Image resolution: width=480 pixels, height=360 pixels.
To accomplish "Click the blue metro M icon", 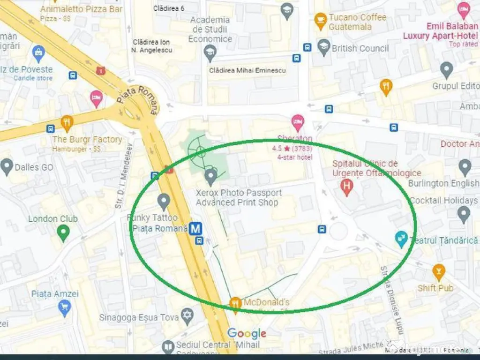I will (196, 229).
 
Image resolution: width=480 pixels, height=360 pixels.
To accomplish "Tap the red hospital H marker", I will (346, 187).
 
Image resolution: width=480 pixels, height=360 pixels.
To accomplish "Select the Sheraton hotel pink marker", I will (297, 123).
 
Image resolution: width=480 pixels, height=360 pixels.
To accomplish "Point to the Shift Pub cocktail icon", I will (438, 271).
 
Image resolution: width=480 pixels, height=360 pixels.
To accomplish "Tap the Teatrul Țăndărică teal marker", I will (401, 239).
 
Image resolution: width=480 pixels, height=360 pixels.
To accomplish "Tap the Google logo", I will (247, 333).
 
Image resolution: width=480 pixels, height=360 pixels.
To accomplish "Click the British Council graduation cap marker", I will (323, 47).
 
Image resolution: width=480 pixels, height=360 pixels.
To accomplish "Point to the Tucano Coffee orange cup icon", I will (321, 21).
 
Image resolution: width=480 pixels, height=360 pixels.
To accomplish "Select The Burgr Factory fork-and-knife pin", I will (67, 124).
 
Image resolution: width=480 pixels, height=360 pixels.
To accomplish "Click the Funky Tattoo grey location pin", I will (164, 202).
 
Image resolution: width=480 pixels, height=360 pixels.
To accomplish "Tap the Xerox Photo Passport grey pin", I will (211, 176).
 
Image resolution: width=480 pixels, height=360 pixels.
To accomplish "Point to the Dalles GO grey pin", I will (7, 166).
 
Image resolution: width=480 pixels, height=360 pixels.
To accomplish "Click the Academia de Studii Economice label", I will (210, 29).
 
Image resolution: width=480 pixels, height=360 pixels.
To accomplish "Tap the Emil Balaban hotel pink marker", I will (464, 10).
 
